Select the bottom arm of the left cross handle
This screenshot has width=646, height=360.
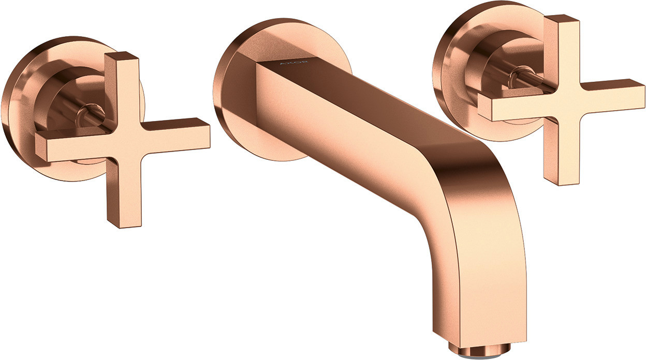pyautogui.click(x=124, y=192)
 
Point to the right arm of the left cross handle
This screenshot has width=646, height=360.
pyautogui.click(x=175, y=134)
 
